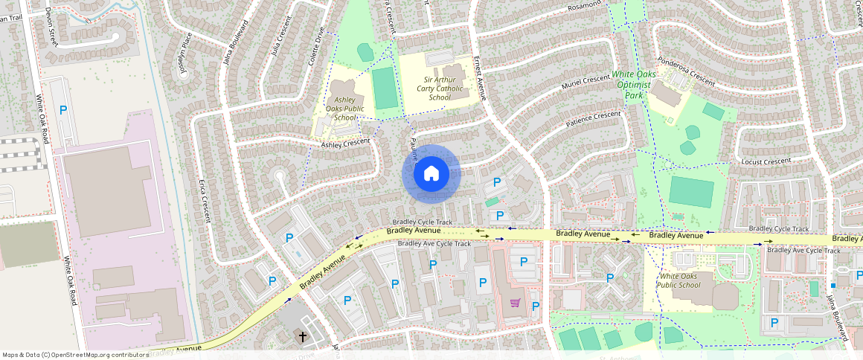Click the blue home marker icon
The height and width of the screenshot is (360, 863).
(x=431, y=174)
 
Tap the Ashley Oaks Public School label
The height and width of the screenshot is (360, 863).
(x=344, y=109)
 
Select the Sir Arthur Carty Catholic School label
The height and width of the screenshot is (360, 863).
(x=437, y=88)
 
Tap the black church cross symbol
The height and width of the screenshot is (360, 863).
(x=303, y=337)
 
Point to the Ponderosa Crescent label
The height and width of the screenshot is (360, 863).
(x=684, y=71)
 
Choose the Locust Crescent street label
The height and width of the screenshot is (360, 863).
(x=766, y=161)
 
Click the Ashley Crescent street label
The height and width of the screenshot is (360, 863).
(x=345, y=144)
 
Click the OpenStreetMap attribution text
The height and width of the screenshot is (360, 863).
(x=75, y=355)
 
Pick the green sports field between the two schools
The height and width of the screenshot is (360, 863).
(x=385, y=88)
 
